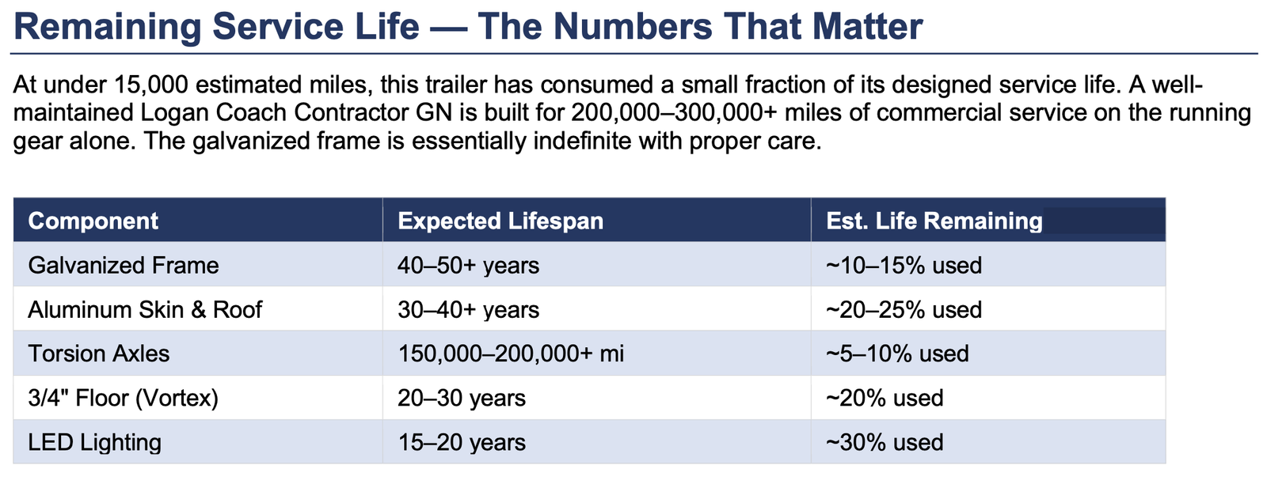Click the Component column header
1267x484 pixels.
click(93, 221)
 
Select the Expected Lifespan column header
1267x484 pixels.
click(500, 221)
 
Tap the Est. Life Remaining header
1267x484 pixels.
click(934, 221)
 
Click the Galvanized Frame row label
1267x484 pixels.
click(124, 265)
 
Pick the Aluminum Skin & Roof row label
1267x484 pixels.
click(145, 309)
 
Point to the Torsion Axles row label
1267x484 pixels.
click(99, 354)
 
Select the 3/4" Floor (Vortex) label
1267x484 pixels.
click(123, 398)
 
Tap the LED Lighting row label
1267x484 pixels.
click(94, 442)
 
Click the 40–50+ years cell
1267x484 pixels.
click(468, 265)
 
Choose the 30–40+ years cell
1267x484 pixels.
click(468, 309)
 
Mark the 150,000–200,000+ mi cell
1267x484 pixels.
click(511, 354)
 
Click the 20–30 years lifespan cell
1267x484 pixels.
click(462, 398)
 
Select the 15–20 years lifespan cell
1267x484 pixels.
click(462, 442)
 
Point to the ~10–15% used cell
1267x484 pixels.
click(904, 265)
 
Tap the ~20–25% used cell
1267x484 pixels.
click(904, 309)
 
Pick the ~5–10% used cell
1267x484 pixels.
click(897, 354)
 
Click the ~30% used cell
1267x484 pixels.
click(885, 442)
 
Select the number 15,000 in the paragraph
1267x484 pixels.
click(150, 85)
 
